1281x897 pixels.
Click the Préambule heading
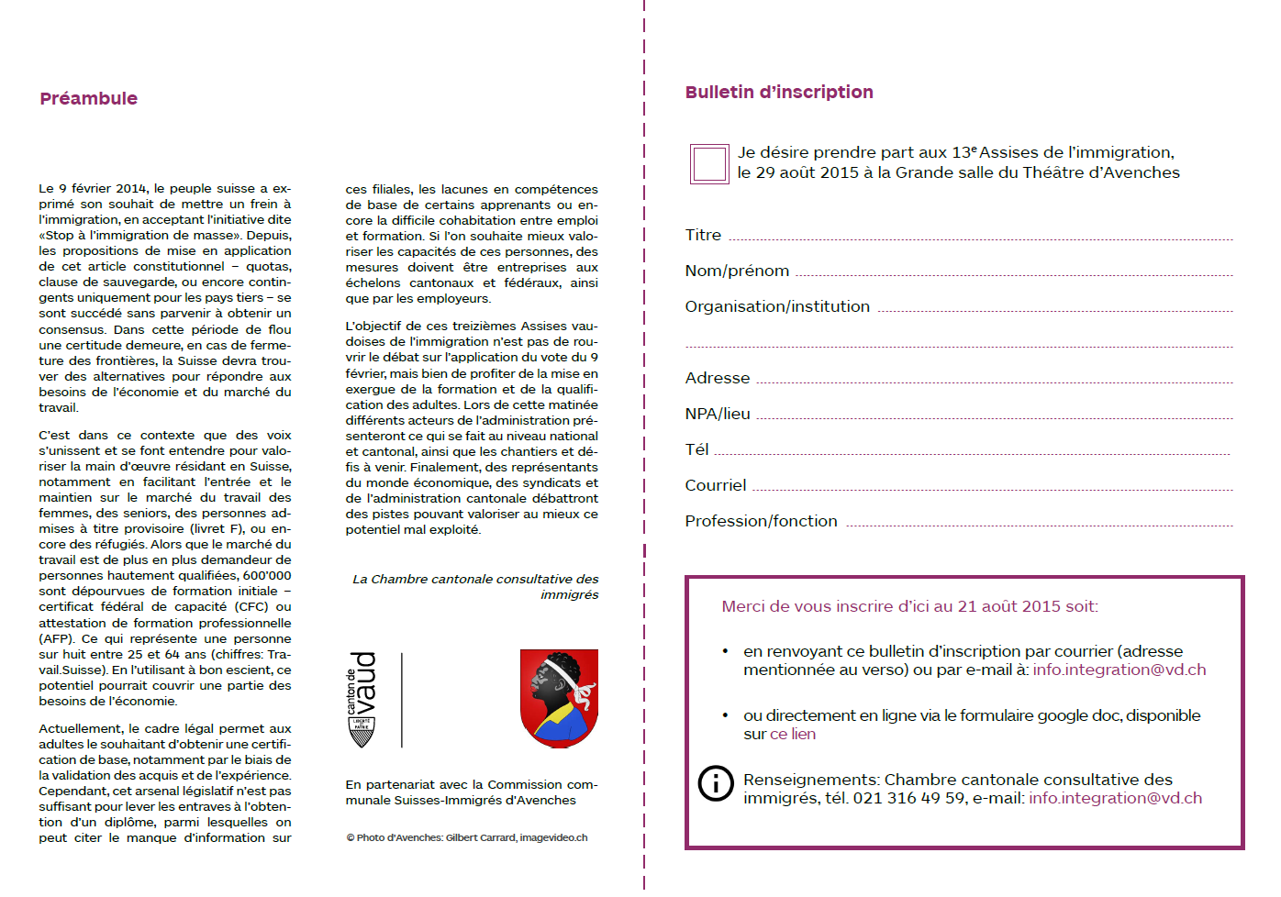coord(89,99)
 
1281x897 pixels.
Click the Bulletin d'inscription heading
coord(779,93)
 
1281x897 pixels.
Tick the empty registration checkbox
coord(709,164)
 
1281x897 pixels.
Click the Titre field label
coord(703,236)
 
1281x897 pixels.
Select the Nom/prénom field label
coord(737,271)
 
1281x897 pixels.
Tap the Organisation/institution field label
coord(777,307)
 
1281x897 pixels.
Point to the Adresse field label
coord(718,379)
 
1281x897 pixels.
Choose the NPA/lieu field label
coord(718,415)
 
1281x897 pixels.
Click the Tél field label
coord(696,450)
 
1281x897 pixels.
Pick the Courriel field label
coord(716,486)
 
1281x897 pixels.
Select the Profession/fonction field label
coord(761,522)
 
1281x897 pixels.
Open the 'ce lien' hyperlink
coord(793,735)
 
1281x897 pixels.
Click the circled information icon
coord(716,783)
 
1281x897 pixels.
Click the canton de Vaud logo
coord(362,699)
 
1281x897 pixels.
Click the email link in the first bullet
coord(1119,670)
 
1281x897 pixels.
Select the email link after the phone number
coord(1115,799)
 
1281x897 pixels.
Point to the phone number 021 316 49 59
coord(909,799)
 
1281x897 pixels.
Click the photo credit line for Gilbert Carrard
coord(467,838)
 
